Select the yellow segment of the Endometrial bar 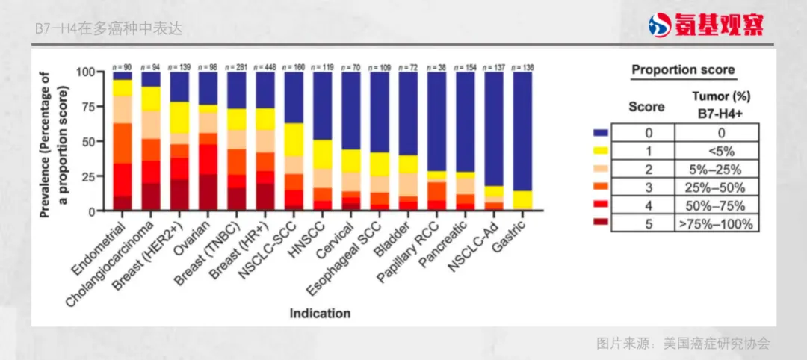(x=123, y=87)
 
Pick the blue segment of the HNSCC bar (x=323, y=105)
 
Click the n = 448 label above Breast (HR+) (x=266, y=66)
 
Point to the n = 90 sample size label (x=123, y=66)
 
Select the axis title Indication (x=320, y=314)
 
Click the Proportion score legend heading (x=683, y=70)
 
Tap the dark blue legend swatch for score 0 (x=601, y=133)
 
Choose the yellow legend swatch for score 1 (x=601, y=150)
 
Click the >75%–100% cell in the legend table (x=717, y=223)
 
